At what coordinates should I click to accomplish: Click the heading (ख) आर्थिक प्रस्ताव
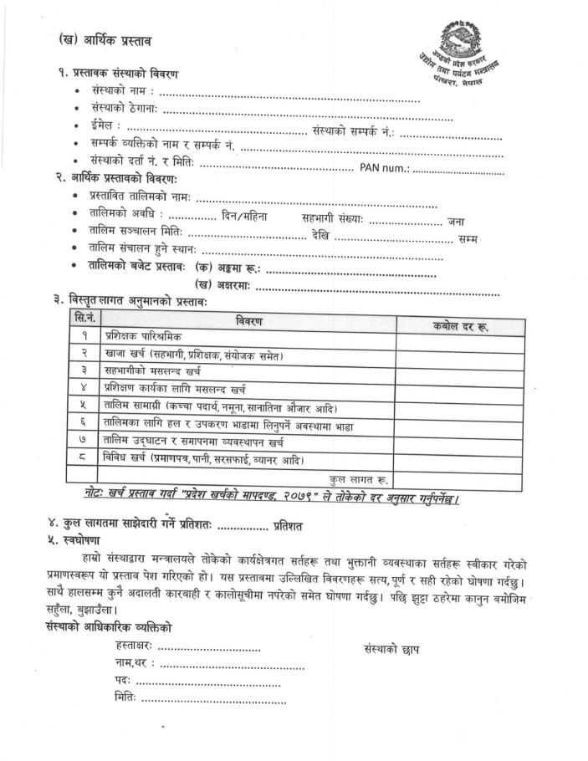105,40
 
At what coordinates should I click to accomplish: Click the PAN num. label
384,170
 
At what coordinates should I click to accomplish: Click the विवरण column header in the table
248,323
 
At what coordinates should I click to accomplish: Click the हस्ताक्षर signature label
134,647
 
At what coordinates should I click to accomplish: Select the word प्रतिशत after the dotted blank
288,525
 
